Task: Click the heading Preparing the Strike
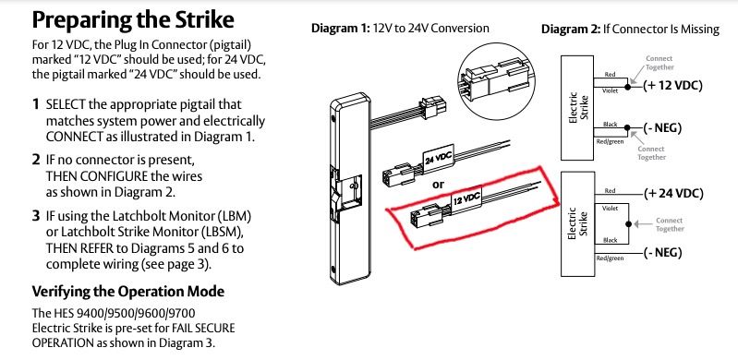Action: [133, 20]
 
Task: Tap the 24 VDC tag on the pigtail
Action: [438, 157]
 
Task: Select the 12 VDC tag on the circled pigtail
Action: [466, 198]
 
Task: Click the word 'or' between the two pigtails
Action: [438, 185]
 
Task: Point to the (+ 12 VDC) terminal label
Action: [672, 86]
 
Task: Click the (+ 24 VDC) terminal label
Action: [673, 193]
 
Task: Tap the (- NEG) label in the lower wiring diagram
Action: [662, 253]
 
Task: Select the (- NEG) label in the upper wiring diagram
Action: [662, 127]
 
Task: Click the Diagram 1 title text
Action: [400, 29]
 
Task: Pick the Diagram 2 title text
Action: [630, 30]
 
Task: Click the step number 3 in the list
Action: [36, 217]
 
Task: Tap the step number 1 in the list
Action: [36, 104]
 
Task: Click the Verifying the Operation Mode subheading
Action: [128, 292]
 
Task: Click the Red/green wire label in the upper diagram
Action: [610, 141]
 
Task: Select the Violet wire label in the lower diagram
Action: [610, 208]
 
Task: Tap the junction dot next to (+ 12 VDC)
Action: [627, 87]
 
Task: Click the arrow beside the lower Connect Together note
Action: [643, 224]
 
